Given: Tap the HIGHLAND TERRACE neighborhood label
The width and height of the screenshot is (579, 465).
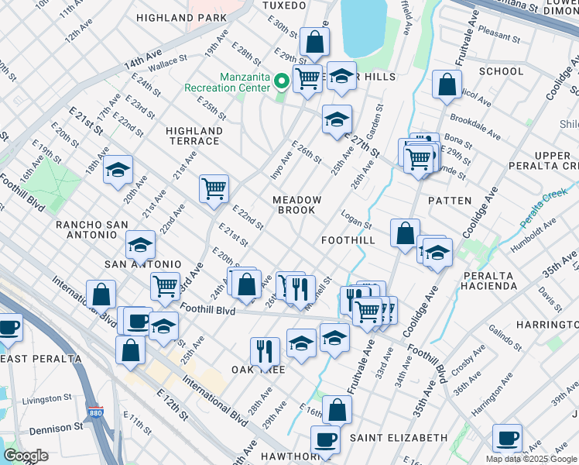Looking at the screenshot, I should [194, 136].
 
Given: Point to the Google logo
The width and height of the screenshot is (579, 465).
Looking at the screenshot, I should [26, 456].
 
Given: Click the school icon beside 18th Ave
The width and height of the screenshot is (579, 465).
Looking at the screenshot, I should [117, 170].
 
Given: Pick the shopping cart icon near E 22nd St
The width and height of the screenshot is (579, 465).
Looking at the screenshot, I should [214, 188].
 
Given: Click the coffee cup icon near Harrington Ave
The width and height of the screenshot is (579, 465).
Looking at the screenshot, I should [507, 438].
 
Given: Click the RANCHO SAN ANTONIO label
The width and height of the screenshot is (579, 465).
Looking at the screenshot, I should [91, 225].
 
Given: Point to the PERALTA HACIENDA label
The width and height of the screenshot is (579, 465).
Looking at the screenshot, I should [489, 281].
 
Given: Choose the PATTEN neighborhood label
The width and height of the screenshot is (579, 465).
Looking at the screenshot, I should [449, 200].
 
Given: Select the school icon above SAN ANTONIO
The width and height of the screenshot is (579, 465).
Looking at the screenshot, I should [141, 245].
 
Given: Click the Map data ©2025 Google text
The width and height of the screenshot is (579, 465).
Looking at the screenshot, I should [531, 459].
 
